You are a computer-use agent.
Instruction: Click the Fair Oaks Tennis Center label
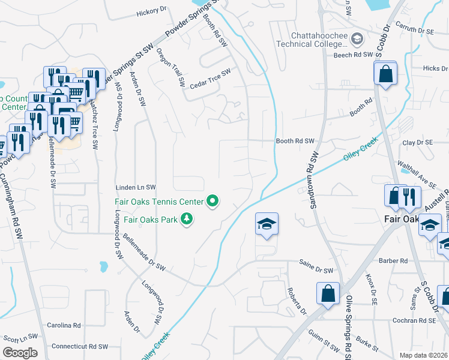(159, 202)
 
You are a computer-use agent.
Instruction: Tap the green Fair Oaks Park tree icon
(187, 219)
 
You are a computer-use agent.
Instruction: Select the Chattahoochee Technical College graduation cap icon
(357, 40)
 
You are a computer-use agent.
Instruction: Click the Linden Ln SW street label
(136, 187)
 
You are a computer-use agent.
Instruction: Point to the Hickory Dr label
(151, 11)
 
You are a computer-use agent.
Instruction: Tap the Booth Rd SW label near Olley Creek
(295, 141)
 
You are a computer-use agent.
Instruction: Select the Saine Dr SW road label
(316, 271)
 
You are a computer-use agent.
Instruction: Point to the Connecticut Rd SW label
(79, 346)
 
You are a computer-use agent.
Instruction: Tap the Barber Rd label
(393, 261)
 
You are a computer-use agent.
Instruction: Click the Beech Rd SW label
(354, 55)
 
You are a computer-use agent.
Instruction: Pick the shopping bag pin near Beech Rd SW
(385, 74)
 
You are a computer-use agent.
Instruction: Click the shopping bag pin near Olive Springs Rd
(328, 294)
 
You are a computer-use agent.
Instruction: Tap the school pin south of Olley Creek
(267, 224)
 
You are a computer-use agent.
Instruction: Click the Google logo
(20, 352)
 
